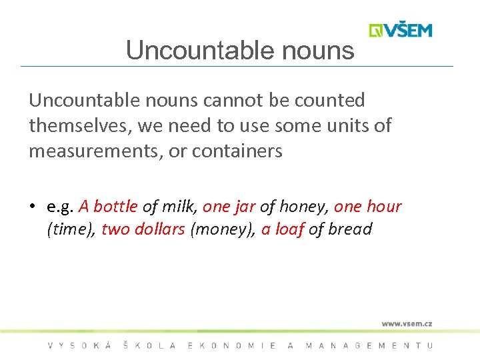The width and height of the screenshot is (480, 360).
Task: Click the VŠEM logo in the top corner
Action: (x=401, y=31)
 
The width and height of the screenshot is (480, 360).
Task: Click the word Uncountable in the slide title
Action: (x=186, y=51)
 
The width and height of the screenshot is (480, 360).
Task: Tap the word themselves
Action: (x=79, y=126)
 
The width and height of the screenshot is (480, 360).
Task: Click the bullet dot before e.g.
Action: (x=32, y=207)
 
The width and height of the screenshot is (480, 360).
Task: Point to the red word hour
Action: (x=384, y=207)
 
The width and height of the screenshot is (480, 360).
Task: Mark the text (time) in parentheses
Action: (x=71, y=230)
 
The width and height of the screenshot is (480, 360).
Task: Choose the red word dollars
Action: (x=159, y=229)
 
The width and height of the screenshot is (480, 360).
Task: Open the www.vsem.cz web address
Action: (x=407, y=324)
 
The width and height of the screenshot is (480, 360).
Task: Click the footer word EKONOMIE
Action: (x=233, y=345)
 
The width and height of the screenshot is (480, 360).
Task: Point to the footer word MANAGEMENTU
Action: (x=369, y=345)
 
